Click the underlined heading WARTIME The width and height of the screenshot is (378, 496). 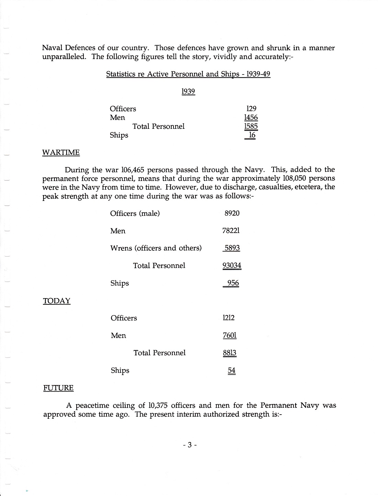click(x=61, y=153)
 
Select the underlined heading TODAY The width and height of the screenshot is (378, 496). click(x=57, y=301)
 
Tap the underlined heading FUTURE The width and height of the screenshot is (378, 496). click(x=58, y=388)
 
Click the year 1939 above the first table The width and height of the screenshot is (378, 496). click(x=188, y=91)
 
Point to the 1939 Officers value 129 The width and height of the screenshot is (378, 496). click(x=252, y=109)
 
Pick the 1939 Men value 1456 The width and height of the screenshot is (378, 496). click(x=251, y=117)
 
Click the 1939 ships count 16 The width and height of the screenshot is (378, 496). click(x=252, y=135)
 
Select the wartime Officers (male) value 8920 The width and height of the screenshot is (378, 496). click(x=232, y=213)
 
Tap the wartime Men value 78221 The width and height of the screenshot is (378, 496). click(x=231, y=230)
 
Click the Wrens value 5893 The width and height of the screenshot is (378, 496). click(x=232, y=248)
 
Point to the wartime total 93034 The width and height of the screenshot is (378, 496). click(x=232, y=266)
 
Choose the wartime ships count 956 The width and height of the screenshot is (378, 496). click(x=233, y=283)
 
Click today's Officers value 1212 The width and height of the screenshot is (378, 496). click(x=229, y=318)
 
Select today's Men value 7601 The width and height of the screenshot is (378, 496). click(x=230, y=335)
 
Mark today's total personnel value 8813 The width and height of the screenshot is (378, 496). click(x=230, y=353)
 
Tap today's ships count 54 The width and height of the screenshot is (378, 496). click(x=232, y=370)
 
